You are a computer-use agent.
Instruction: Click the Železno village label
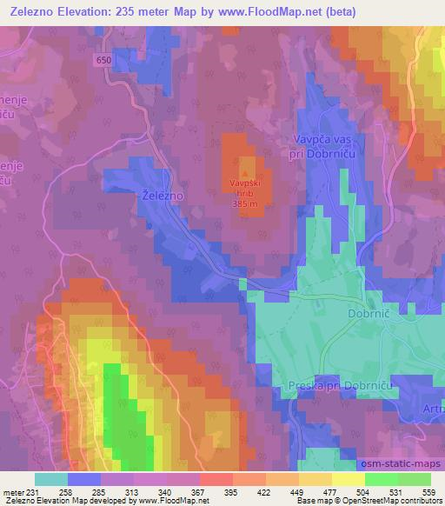pyautogui.click(x=161, y=197)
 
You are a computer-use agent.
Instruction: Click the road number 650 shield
pyautogui.click(x=104, y=59)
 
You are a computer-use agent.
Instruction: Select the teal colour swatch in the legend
pyautogui.click(x=51, y=479)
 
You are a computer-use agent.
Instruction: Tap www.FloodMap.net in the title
pyautogui.click(x=272, y=11)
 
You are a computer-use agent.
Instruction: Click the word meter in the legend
pyautogui.click(x=13, y=492)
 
